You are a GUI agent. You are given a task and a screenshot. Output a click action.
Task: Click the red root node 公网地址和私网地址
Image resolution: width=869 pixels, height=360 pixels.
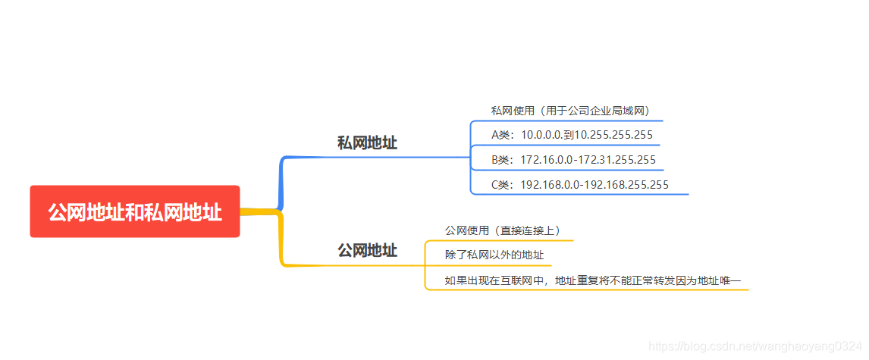pos(135,211)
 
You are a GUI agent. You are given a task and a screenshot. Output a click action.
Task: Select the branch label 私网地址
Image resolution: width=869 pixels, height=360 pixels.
pos(367,142)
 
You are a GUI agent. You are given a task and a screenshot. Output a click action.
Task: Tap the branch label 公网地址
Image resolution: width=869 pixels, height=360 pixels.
pos(367,250)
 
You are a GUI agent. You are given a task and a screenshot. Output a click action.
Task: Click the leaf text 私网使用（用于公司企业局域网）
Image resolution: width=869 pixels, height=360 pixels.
pos(570,111)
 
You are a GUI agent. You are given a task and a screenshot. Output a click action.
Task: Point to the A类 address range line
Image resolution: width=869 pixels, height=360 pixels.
pos(572,135)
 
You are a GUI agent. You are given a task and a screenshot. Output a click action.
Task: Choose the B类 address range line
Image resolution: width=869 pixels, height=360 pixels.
pos(573,160)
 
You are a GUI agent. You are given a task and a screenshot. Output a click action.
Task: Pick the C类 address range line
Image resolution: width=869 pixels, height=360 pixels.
pos(580,184)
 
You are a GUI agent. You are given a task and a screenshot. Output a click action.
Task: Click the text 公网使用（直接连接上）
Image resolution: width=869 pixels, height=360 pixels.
pos(502,230)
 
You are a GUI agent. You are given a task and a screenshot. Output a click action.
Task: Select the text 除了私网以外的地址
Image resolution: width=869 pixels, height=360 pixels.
pos(494,255)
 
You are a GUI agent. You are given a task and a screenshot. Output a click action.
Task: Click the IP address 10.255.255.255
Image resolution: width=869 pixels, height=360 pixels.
pos(613,135)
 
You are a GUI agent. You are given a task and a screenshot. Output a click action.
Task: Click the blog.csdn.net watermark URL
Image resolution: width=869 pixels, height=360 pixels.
pos(755,346)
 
